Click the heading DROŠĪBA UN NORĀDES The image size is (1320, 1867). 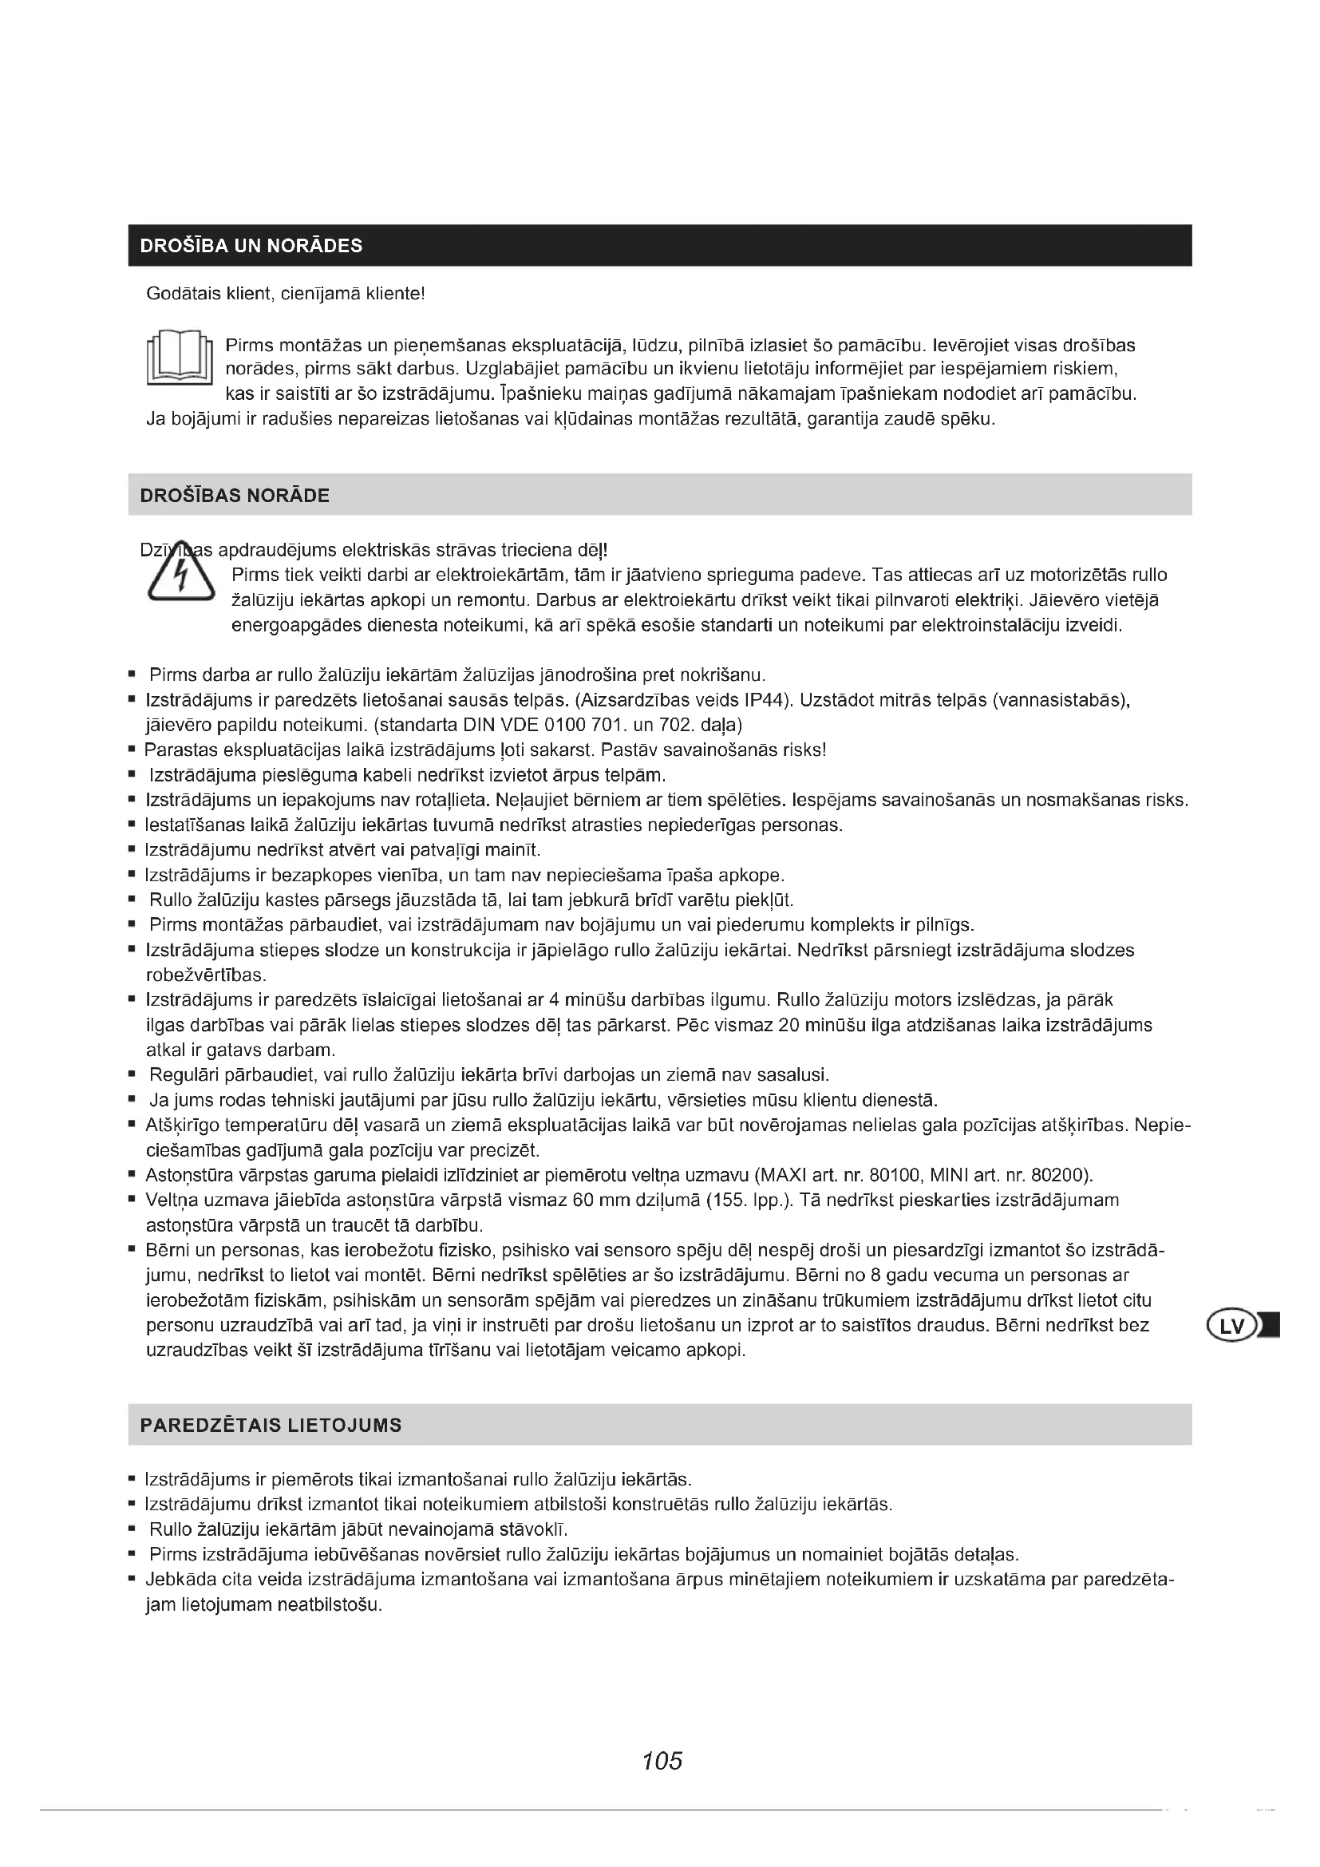tap(251, 246)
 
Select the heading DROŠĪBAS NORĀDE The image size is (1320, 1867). tap(235, 495)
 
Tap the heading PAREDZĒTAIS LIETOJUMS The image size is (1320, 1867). tap(271, 1426)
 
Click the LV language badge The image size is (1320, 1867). tap(1233, 1327)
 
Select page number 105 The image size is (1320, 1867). tap(662, 1762)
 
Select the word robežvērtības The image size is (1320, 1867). tap(207, 975)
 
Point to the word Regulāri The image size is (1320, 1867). tap(181, 1075)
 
